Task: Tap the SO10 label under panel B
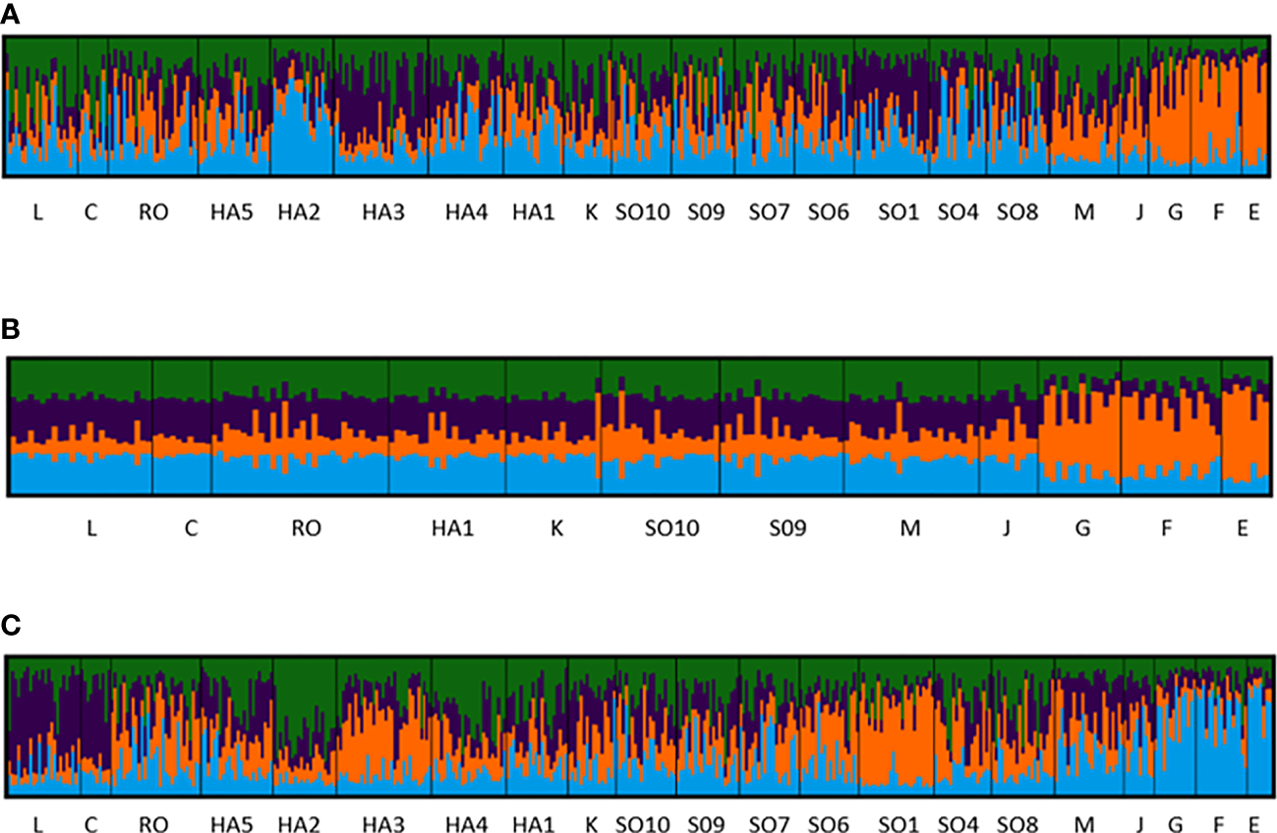click(x=671, y=528)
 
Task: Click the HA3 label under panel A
click(x=383, y=212)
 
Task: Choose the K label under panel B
click(x=556, y=528)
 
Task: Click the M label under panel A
click(x=1083, y=212)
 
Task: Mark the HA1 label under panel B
click(x=452, y=528)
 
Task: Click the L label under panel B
click(x=91, y=528)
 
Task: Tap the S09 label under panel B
click(x=787, y=528)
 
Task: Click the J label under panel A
click(x=1139, y=212)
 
